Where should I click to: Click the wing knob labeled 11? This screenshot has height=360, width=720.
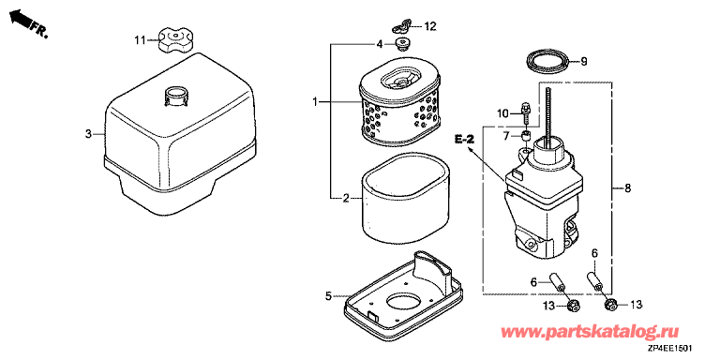coord(175,40)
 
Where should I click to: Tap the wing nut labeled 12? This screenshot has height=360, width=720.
coord(402,26)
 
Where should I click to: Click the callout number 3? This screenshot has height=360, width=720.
coord(88,134)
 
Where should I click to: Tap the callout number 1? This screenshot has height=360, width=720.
coord(315,102)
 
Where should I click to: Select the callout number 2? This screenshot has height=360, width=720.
coord(346,199)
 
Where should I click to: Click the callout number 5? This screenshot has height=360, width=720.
coord(328,296)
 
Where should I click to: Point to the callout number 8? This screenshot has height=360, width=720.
coord(628,187)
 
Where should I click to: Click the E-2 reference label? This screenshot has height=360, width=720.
coord(464,139)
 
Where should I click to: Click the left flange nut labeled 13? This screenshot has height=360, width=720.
coord(573,305)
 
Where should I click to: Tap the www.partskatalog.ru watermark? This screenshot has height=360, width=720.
coord(591,332)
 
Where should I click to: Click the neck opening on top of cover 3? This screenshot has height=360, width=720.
coord(175,96)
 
